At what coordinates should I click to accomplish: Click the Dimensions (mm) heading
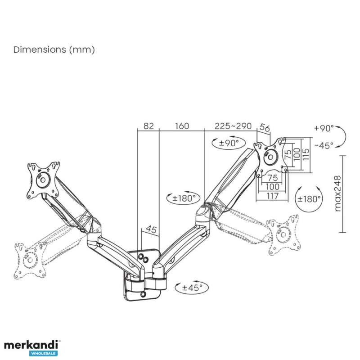54,49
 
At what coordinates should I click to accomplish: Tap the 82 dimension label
148,126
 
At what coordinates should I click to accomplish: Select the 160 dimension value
182,126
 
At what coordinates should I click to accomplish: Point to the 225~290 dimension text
233,126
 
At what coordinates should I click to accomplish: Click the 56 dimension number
265,128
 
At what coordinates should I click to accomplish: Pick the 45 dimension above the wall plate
151,229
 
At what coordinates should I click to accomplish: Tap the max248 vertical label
338,193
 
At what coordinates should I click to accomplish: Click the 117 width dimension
273,196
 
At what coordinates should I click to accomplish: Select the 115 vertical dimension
306,154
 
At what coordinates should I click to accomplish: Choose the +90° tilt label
324,128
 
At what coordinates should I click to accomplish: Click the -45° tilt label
324,145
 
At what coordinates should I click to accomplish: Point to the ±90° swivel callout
229,143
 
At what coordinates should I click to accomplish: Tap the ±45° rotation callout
192,287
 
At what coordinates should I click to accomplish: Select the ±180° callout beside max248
309,199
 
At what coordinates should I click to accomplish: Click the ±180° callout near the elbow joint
184,198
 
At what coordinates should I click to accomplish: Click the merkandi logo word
31,345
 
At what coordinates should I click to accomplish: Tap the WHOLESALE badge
43,353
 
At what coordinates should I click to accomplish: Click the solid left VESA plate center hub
43,180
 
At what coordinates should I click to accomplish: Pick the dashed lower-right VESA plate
284,234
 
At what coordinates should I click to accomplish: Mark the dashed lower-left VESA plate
30,261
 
